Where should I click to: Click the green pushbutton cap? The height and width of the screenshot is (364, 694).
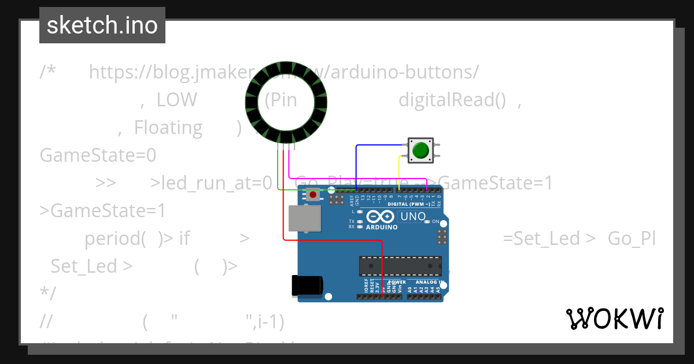click(x=420, y=150)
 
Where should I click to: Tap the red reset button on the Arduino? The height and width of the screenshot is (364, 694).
click(x=313, y=195)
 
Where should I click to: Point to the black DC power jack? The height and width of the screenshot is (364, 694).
click(x=307, y=285)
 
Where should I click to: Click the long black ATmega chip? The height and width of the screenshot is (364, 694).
click(x=400, y=265)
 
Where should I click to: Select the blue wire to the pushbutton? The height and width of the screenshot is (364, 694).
click(x=376, y=146)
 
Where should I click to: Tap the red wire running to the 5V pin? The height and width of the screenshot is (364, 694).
click(x=283, y=202)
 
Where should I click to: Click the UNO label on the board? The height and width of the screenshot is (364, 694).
click(x=413, y=217)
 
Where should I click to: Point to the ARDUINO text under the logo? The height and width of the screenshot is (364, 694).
click(x=381, y=227)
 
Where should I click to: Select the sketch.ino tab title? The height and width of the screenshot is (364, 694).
click(x=102, y=25)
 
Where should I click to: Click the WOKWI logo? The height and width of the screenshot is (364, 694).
click(x=615, y=318)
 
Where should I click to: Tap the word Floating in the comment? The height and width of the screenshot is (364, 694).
click(x=168, y=128)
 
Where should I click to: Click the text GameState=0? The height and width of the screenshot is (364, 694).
click(x=98, y=155)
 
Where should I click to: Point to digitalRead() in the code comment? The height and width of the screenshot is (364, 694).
click(x=456, y=100)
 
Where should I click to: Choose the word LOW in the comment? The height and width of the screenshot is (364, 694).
click(x=176, y=100)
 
